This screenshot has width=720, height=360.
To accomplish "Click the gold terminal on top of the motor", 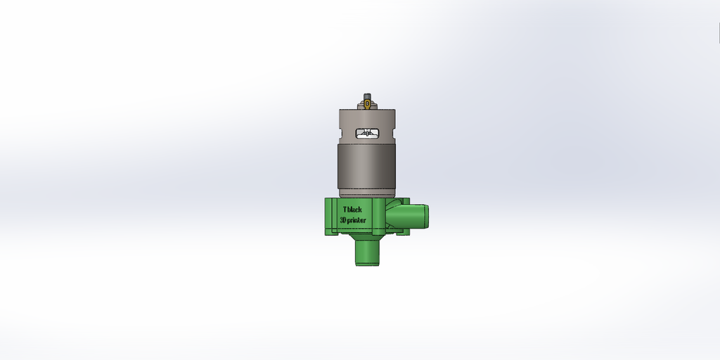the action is point(367,105).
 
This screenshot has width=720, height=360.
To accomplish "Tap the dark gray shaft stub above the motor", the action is point(367,96).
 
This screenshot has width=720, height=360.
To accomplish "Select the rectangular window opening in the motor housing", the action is point(367,134).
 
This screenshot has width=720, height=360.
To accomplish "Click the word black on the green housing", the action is point(354,210).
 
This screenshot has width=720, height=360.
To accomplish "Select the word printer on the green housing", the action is point(356,220).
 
